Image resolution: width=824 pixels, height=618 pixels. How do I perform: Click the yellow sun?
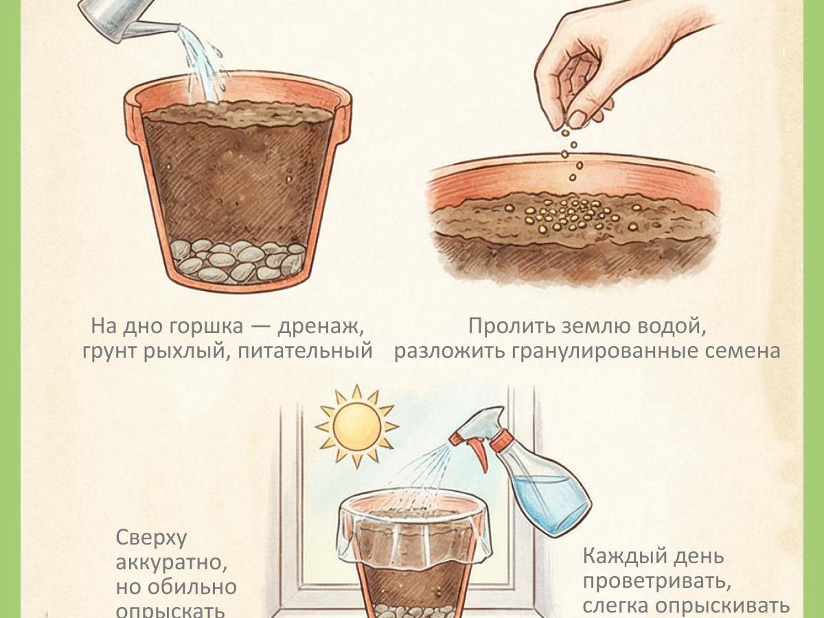click(x=356, y=426)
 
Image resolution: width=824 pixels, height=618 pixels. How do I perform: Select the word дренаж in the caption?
click(x=320, y=326)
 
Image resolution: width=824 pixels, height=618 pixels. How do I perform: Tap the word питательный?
click(x=306, y=351)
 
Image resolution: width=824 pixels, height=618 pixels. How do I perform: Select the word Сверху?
click(x=151, y=538)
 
